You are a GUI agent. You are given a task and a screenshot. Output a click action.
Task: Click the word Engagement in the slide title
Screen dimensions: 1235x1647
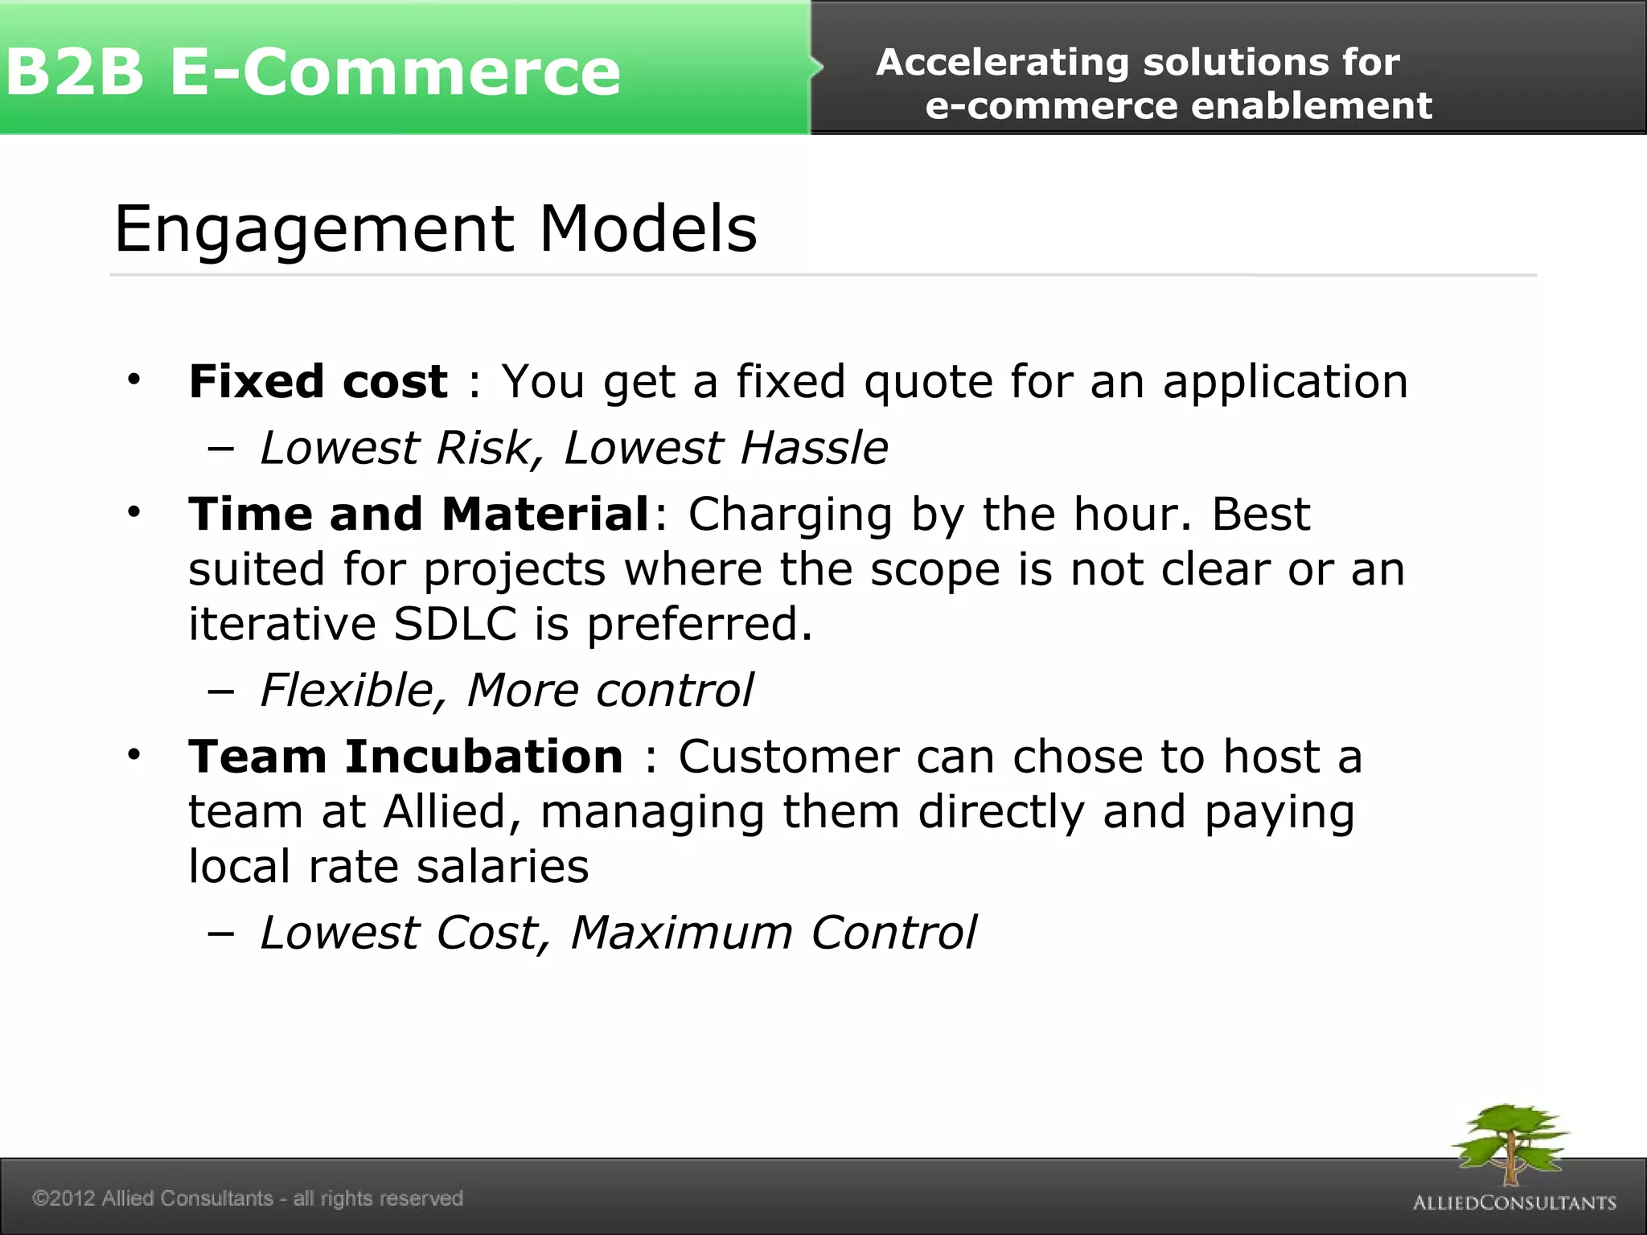click(314, 230)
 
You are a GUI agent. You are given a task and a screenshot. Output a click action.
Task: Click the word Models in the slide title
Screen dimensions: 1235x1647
click(647, 228)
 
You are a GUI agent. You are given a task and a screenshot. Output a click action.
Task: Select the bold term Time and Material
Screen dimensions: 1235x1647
click(418, 514)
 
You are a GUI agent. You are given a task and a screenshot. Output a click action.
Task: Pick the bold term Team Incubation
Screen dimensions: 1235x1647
click(405, 757)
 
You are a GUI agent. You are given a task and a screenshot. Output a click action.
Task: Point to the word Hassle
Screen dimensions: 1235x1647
click(813, 447)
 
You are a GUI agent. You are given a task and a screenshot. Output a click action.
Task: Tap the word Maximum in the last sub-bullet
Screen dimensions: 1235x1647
click(680, 933)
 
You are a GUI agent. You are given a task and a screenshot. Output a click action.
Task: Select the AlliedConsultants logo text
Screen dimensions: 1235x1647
click(1514, 1203)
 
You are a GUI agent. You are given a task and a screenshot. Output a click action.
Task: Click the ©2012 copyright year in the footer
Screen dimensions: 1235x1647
click(64, 1198)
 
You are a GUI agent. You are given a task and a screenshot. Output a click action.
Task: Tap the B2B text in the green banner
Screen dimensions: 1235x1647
click(74, 72)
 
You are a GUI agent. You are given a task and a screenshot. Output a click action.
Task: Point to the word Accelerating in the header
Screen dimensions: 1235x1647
click(1002, 63)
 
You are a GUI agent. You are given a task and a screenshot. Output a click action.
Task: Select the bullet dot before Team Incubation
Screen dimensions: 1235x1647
click(133, 755)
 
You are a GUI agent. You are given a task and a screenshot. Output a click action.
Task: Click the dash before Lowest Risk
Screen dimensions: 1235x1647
click(220, 449)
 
